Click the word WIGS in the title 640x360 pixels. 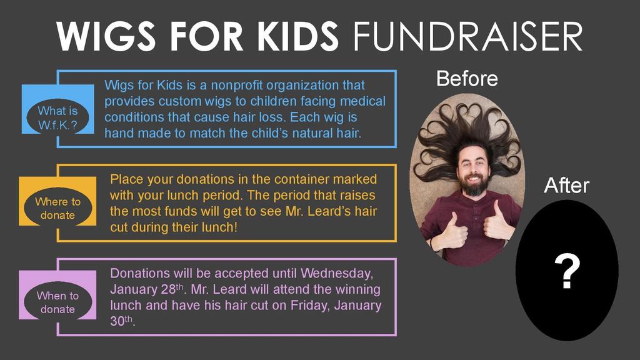pos(106,37)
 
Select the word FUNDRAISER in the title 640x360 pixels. pos(467,37)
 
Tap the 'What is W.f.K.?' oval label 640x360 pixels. pos(57,117)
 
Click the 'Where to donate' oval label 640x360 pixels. pos(57,208)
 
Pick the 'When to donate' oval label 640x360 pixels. pos(57,302)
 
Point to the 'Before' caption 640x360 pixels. pos(467,79)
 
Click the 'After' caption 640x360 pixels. pos(566,185)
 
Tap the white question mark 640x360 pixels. pos(567,272)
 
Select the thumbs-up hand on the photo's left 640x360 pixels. pos(452,231)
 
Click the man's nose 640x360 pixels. pos(472,167)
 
